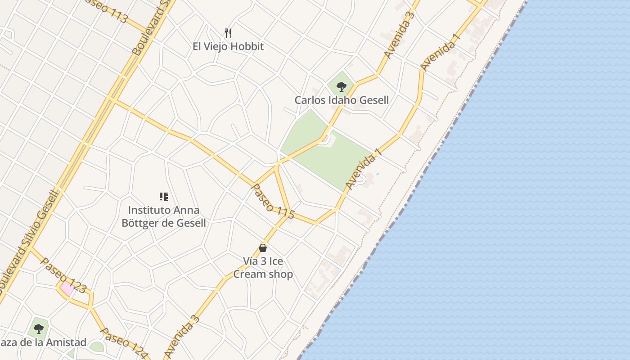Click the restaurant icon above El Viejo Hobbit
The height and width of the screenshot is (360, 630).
pyautogui.click(x=228, y=33)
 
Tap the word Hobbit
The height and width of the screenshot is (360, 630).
pyautogui.click(x=247, y=46)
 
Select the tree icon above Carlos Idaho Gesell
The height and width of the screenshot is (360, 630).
pyautogui.click(x=342, y=86)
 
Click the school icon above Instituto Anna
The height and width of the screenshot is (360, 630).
pyautogui.click(x=164, y=197)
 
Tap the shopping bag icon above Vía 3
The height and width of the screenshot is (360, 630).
pyautogui.click(x=263, y=248)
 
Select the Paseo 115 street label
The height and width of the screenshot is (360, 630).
pyautogui.click(x=273, y=202)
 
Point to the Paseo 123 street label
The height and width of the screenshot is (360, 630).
pyautogui.click(x=63, y=275)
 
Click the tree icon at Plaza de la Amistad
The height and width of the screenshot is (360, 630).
pyautogui.click(x=39, y=329)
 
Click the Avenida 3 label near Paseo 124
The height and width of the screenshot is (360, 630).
pyautogui.click(x=181, y=337)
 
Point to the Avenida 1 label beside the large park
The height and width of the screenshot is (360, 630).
pyautogui.click(x=364, y=169)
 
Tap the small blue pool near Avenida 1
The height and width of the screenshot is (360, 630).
pyautogui.click(x=378, y=174)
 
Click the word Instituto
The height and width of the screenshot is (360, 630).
pyautogui.click(x=149, y=210)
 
